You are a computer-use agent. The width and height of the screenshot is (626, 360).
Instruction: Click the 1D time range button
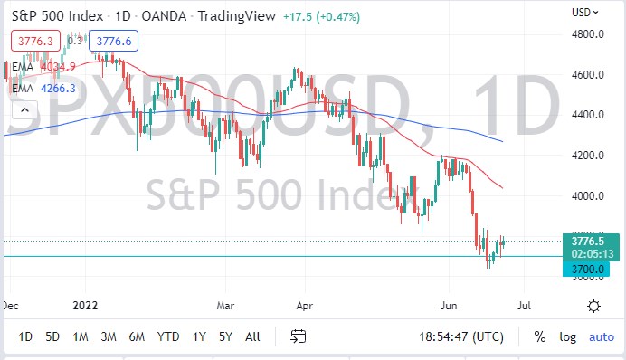click(25, 336)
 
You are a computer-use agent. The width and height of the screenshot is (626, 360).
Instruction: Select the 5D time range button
click(52, 336)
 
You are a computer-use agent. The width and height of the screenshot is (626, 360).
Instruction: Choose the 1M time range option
click(81, 336)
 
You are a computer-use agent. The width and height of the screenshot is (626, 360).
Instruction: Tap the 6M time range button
click(138, 336)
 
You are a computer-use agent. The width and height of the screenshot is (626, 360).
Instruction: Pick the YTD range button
click(167, 336)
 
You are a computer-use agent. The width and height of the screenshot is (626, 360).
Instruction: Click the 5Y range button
click(225, 336)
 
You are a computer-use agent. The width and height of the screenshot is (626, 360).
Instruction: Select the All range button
click(252, 336)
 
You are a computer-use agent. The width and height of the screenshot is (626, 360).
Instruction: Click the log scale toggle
click(567, 336)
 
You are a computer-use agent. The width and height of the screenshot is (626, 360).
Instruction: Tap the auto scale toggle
click(601, 336)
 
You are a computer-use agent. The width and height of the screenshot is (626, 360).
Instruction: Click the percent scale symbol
click(539, 336)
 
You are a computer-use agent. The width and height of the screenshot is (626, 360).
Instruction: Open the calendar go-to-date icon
click(299, 336)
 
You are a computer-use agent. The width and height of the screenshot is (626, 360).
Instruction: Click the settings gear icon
click(593, 306)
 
